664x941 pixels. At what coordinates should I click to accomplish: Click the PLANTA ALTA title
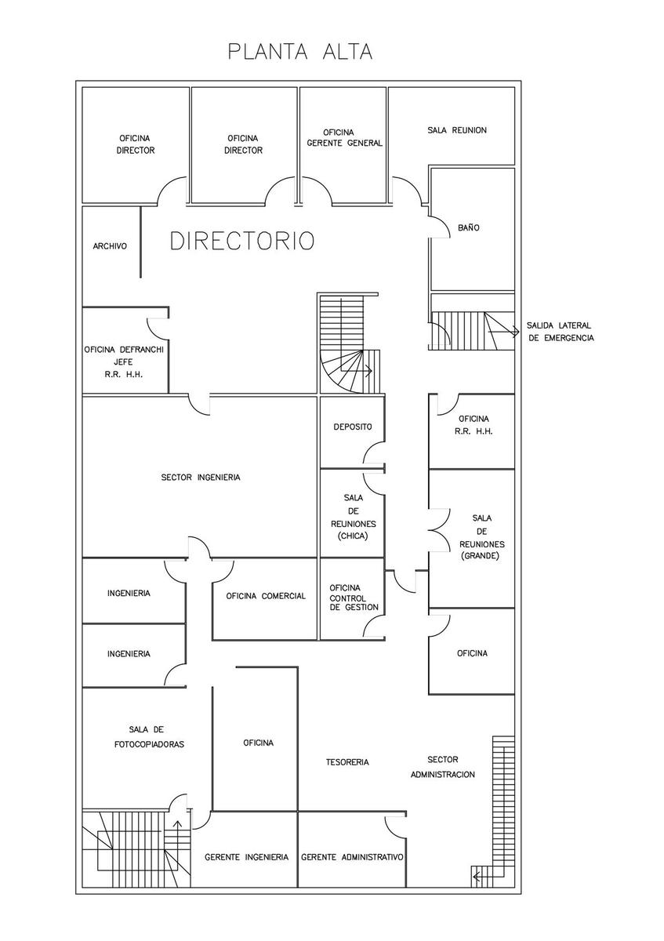(x=300, y=52)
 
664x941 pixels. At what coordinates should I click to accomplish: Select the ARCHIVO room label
(x=110, y=246)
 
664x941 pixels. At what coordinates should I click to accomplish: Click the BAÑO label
(x=469, y=227)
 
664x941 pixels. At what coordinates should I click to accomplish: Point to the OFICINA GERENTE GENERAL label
(x=344, y=138)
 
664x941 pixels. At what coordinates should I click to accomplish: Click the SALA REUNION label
(x=457, y=130)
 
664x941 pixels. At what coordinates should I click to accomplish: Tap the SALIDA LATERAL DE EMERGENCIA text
(x=561, y=332)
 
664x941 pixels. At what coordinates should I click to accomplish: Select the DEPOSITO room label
(x=353, y=427)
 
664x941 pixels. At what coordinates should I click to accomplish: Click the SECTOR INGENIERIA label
(x=201, y=478)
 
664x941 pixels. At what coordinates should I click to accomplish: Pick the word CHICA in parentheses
(x=354, y=536)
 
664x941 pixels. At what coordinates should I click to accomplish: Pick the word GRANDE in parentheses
(x=480, y=556)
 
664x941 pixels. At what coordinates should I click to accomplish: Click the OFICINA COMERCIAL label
(x=266, y=596)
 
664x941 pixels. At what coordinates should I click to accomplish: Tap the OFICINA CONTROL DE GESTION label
(x=354, y=598)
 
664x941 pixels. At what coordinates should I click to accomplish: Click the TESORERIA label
(x=347, y=762)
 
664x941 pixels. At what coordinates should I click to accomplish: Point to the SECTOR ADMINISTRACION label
(x=443, y=767)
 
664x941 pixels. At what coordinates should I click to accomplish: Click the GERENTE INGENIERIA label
(x=246, y=857)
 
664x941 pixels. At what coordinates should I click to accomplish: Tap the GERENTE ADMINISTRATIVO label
(x=352, y=857)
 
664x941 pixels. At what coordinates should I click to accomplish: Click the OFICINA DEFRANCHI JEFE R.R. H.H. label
(x=124, y=362)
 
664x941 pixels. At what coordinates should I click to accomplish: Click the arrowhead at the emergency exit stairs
(x=517, y=332)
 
